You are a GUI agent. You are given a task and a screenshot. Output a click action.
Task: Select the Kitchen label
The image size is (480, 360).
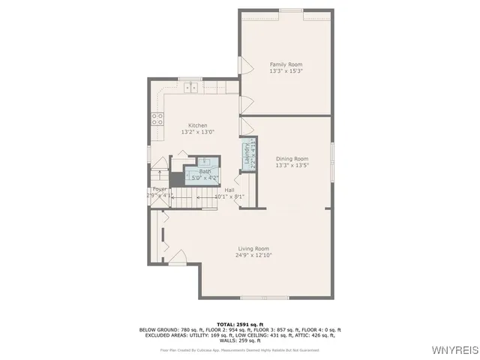(x=197, y=125)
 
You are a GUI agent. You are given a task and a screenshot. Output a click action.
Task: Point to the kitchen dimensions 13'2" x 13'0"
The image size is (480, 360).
(x=197, y=132)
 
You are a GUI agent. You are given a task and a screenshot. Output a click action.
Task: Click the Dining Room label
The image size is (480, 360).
(x=292, y=159)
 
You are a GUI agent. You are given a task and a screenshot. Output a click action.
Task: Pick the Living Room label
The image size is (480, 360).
(x=253, y=248)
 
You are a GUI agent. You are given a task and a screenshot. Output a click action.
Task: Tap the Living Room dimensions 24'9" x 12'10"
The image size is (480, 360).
(x=253, y=255)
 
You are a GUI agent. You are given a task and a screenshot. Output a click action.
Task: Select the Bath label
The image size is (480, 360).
(x=205, y=172)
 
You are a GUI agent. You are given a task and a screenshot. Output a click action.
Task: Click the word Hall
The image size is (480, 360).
(x=229, y=190)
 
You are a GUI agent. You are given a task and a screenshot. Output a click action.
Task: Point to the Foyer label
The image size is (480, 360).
(x=159, y=190)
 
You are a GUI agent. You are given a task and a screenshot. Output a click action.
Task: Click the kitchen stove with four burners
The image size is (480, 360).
(x=157, y=118)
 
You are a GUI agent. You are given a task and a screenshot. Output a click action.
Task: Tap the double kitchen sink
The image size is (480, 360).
(x=192, y=87)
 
